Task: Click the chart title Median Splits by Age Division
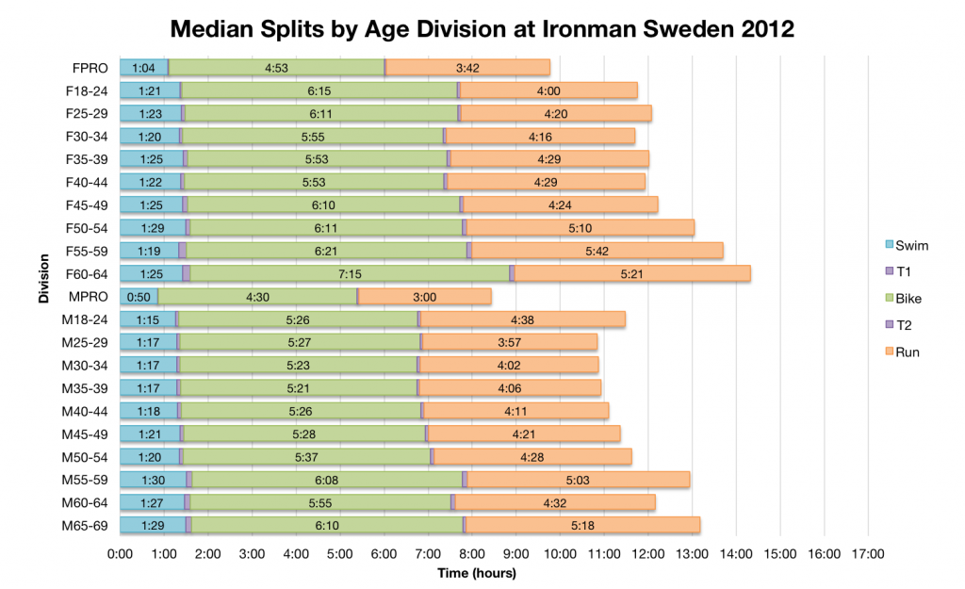click(x=482, y=28)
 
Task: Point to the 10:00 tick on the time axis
click(x=561, y=554)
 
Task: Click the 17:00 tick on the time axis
click(x=869, y=554)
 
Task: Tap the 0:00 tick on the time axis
click(x=120, y=554)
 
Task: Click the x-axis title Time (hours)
click(x=476, y=572)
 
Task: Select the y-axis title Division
click(x=44, y=296)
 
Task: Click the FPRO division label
click(x=90, y=67)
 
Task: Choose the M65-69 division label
click(x=86, y=524)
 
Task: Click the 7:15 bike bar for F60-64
click(x=350, y=273)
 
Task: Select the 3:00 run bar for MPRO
click(x=425, y=296)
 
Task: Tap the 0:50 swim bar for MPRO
click(x=139, y=296)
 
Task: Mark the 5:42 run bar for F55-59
click(x=597, y=250)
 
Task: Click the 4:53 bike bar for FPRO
click(x=277, y=67)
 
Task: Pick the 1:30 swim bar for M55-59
click(x=153, y=479)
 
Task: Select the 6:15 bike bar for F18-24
click(x=319, y=90)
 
